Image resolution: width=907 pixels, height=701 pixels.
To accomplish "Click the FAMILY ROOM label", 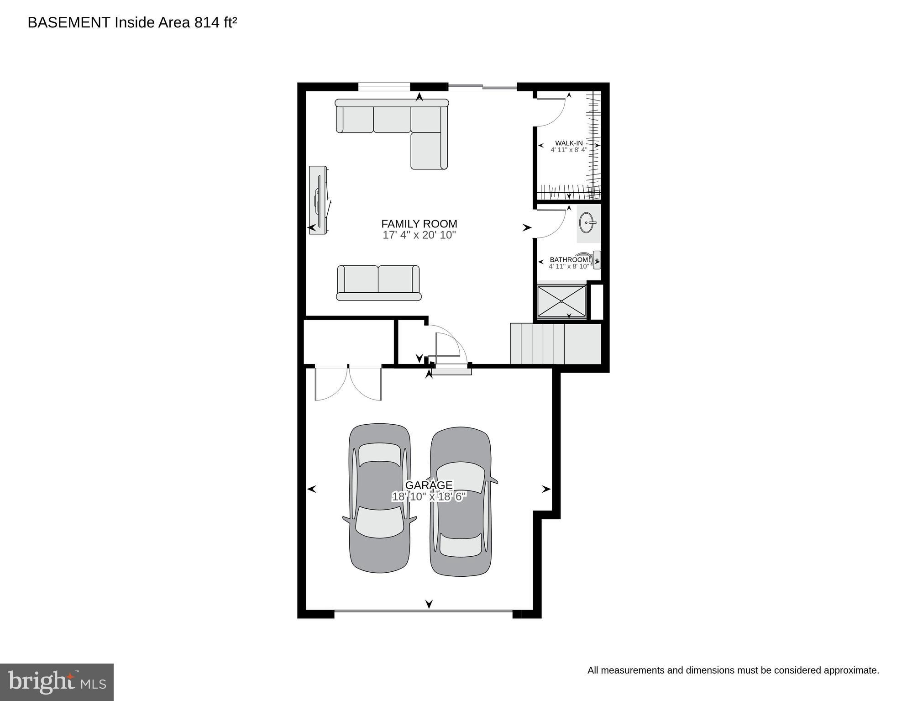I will tap(419, 224).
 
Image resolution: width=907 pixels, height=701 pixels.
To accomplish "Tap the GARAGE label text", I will tap(429, 485).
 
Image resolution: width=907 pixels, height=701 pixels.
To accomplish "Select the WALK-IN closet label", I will tap(569, 143).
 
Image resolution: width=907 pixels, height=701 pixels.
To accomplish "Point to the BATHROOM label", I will tap(569, 260).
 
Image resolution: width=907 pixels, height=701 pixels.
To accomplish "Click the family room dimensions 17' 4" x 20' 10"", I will tap(419, 236).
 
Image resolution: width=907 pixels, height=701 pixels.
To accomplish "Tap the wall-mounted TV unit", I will tap(318, 200).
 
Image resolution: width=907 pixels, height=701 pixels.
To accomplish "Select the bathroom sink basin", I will tap(587, 223).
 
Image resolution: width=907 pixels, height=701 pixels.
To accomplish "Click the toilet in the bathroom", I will tap(594, 260).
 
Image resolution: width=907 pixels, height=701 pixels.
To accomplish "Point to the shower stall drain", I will tap(561, 301).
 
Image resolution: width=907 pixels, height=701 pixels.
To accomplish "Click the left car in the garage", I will tap(379, 498).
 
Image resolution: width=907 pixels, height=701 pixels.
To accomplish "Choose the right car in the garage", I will tap(461, 501).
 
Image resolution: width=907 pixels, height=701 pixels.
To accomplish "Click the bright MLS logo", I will tap(57, 682).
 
